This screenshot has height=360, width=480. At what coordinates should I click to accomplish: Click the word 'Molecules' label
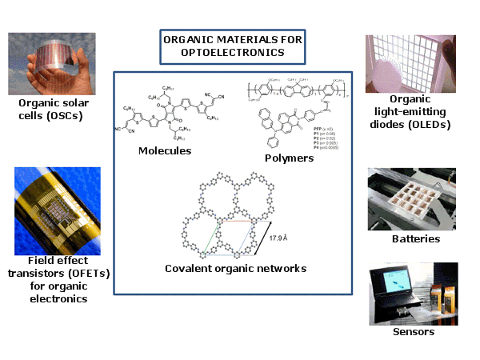point(164,150)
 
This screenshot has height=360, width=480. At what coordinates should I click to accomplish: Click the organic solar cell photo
point(52,63)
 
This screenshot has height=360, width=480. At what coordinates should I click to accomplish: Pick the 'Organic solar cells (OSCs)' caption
point(52,110)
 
